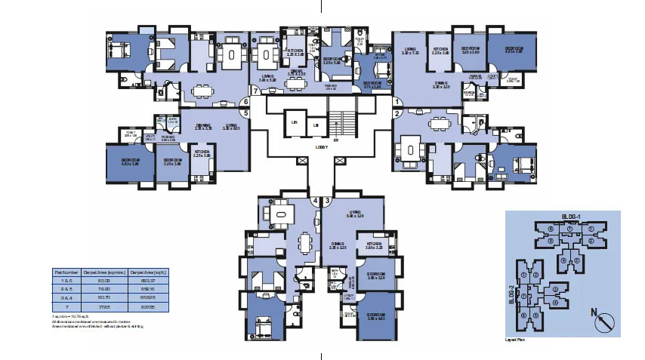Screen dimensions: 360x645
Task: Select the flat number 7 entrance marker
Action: click(256, 91)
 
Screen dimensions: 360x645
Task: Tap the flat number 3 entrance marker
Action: click(328, 201)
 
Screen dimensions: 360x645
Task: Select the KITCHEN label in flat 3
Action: click(374, 245)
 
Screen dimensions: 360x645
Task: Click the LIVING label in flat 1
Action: click(411, 51)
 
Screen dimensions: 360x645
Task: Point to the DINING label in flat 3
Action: click(338, 245)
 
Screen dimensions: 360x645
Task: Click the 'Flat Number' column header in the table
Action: click(65, 271)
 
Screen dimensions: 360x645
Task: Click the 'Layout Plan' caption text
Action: click(516, 340)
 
